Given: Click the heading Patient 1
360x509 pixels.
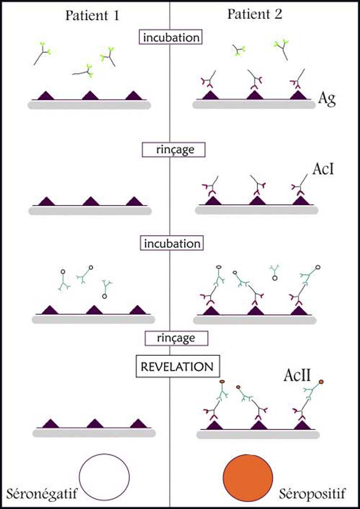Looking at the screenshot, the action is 92,16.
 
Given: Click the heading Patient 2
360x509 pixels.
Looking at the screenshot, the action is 255,14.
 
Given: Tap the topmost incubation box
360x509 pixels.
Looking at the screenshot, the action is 170,37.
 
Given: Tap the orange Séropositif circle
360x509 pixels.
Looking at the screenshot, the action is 248,477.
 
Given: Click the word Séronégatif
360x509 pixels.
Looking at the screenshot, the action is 42,494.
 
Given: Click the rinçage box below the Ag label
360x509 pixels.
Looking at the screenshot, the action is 168,149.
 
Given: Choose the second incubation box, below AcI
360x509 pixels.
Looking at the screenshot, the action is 172,244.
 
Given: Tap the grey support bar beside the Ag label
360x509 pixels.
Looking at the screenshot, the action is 254,105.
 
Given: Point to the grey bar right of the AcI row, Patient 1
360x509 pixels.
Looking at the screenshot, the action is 90,211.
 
